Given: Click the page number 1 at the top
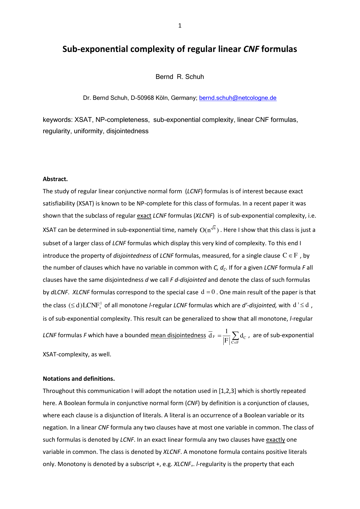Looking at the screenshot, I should [180, 26].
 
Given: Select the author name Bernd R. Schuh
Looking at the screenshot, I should [180, 77].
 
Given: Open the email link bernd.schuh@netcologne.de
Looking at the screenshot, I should [238, 98].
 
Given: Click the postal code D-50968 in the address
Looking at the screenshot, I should [142, 98].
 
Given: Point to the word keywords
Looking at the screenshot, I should [57, 120].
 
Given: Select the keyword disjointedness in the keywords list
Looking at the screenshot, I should [127, 131].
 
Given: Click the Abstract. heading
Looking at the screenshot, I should [55, 179].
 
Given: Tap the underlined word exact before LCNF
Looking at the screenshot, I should [144, 216].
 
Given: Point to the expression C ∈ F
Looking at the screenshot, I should [290, 256].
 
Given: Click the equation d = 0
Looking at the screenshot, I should [208, 292].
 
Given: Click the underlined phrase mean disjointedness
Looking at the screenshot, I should [178, 335].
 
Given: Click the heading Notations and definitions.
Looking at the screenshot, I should [79, 379].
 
